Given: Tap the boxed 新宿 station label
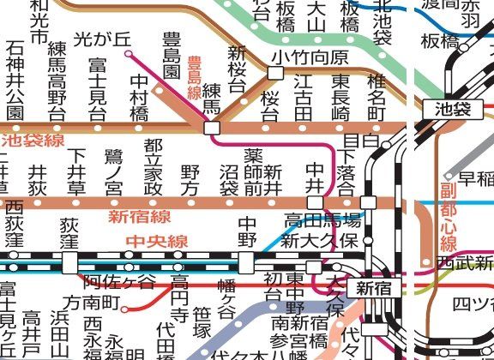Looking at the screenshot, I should [374, 287].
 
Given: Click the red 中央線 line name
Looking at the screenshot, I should [156, 241].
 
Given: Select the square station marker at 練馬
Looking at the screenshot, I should [211, 128].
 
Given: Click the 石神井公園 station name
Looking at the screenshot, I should [15, 79].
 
